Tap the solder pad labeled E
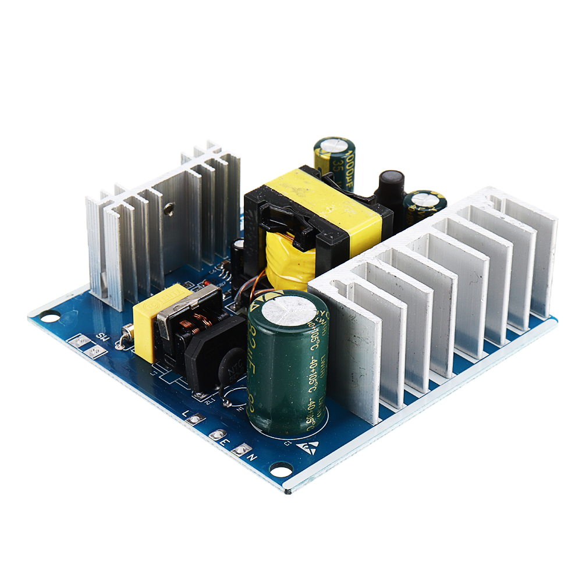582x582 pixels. point(219,434)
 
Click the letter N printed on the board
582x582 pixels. point(252,457)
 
